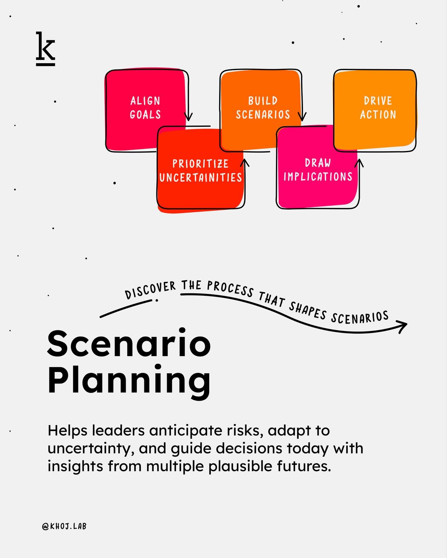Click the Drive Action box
[378, 108]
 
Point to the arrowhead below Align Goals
[188, 117]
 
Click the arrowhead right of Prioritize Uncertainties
[245, 162]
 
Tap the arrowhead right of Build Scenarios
[302, 117]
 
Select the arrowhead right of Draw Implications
[359, 162]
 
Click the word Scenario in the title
[129, 343]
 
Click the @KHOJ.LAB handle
[64, 526]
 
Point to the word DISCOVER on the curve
[150, 290]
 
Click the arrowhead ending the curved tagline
[403, 326]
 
